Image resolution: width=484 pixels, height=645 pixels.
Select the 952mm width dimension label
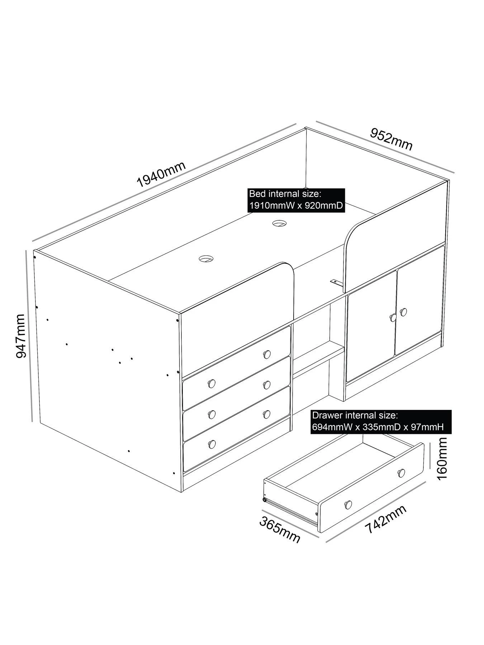click(391, 139)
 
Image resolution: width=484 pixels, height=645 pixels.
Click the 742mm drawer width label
click(386, 520)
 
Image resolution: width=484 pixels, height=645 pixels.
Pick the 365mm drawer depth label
click(280, 530)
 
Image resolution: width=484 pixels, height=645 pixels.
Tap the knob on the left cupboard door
click(393, 317)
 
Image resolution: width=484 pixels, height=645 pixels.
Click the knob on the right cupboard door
click(404, 312)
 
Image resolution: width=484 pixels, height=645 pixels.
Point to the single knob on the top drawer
click(266, 354)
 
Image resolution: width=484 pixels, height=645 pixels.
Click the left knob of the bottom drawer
click(212, 444)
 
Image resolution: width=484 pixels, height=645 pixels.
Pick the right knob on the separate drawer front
click(402, 473)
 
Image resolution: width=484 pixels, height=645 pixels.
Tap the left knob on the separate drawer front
click(348, 504)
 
